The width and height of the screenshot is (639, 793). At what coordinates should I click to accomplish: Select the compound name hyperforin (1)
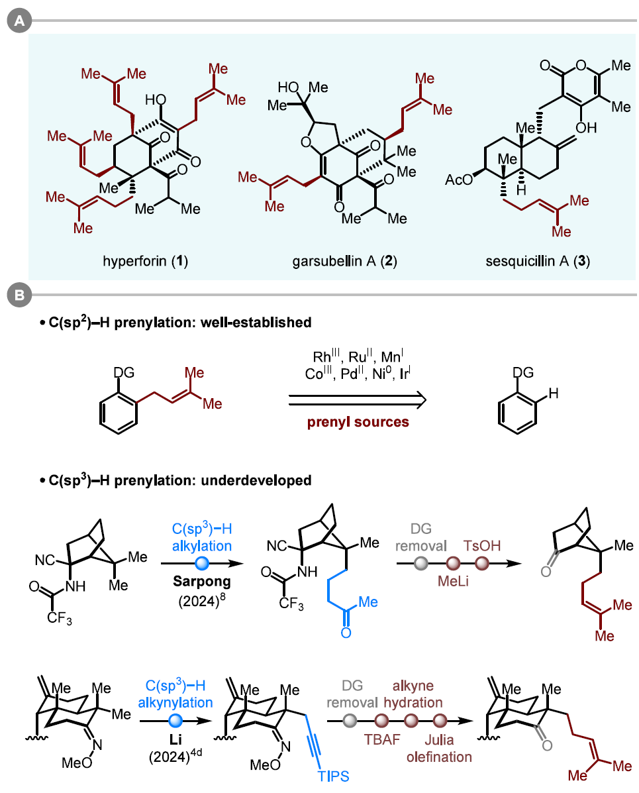[x=146, y=261]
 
